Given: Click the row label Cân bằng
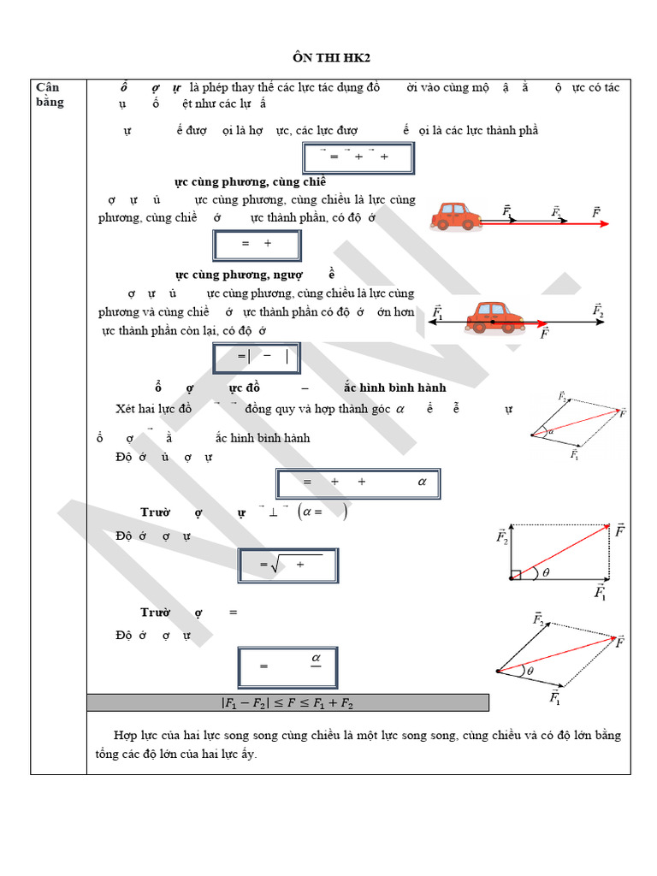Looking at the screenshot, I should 50,94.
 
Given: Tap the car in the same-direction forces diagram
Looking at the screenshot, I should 455,217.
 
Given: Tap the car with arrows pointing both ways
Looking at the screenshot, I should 495,317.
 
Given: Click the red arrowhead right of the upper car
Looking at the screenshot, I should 604,224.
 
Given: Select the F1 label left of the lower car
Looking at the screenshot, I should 438,313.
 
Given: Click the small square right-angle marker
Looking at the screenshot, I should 516,574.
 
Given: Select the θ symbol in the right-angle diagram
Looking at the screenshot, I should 546,574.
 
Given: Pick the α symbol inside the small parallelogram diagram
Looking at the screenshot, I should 551,431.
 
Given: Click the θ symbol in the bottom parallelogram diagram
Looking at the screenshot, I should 530,672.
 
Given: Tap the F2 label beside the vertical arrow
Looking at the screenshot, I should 501,536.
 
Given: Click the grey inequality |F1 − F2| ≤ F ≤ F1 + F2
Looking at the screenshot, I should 287,703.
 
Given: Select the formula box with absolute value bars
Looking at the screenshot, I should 257,358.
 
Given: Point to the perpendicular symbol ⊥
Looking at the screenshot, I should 273,512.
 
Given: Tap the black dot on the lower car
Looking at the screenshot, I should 494,322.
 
